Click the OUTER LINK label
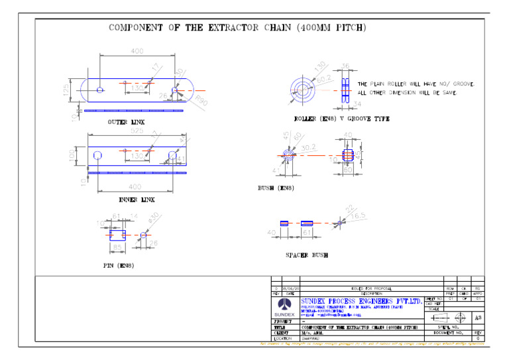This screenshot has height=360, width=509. [126, 123]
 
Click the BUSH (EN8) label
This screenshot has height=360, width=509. [276, 188]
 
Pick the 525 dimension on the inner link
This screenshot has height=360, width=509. [137, 131]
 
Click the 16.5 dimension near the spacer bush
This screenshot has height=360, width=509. [358, 215]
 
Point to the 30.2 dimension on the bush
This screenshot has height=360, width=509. [308, 147]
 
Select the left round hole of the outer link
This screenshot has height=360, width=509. [99, 90]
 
